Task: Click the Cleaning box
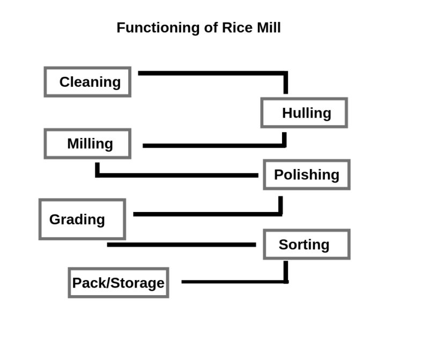87,82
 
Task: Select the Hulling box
304,113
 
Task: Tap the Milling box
87,144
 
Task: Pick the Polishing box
306,174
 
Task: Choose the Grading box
82,219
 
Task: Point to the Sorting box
306,244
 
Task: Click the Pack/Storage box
119,283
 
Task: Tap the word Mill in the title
268,28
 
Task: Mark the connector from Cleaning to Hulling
214,72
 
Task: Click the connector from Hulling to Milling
214,145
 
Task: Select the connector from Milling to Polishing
177,175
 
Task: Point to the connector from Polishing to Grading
209,214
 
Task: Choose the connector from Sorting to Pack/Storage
236,282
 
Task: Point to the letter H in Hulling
287,113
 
